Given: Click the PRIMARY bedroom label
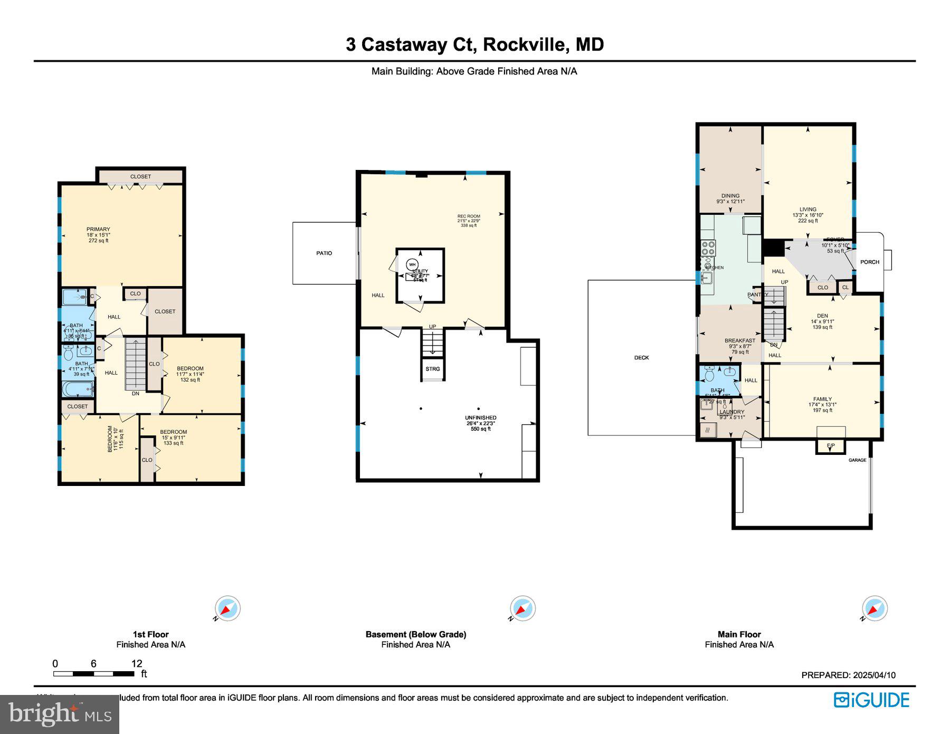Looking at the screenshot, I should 98,230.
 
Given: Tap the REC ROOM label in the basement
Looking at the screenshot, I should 469,216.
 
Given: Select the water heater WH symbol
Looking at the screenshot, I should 412,264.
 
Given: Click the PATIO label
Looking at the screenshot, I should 324,253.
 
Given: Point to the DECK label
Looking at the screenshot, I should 641,358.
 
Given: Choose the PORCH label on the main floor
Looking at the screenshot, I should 869,262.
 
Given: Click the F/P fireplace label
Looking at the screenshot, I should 830,446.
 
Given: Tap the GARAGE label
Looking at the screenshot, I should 857,460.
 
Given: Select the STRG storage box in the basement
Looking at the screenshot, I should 432,369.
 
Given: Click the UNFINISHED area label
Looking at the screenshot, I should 481,418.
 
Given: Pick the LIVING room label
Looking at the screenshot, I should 807,209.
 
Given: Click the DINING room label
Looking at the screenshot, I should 730,196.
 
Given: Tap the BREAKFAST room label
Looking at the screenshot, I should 739,341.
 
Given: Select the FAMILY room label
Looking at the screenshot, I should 822,399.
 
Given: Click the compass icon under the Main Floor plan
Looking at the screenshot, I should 875,608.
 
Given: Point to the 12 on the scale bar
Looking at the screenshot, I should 137,664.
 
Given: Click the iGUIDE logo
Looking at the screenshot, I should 871,700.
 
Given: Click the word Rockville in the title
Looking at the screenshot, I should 526,44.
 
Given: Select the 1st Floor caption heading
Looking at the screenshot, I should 150,634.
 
